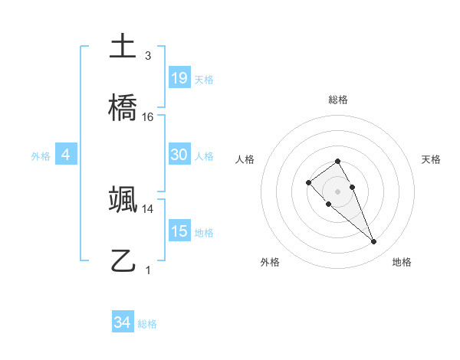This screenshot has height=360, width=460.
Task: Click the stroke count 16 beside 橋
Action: point(148,116)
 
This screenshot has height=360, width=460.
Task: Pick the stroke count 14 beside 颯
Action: point(148,208)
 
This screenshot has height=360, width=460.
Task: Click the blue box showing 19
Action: point(179,77)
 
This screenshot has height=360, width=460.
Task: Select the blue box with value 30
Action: point(179,155)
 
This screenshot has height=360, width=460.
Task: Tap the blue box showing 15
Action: point(179,231)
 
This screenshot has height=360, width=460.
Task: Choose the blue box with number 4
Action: point(66,155)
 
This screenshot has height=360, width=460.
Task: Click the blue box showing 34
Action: point(123,322)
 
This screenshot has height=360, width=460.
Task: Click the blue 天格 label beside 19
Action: point(204,80)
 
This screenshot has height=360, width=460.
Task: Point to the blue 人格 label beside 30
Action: point(204,156)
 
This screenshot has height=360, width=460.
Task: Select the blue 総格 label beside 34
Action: point(147,324)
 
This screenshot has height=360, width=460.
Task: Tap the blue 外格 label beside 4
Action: point(41,156)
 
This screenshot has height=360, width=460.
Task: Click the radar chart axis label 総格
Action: point(337,100)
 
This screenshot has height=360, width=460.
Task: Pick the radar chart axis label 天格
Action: point(431,159)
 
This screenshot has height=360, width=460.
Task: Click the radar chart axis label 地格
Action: point(402,262)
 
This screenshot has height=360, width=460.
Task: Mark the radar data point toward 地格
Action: point(374,242)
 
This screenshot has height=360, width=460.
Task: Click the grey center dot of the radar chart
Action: point(337,191)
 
